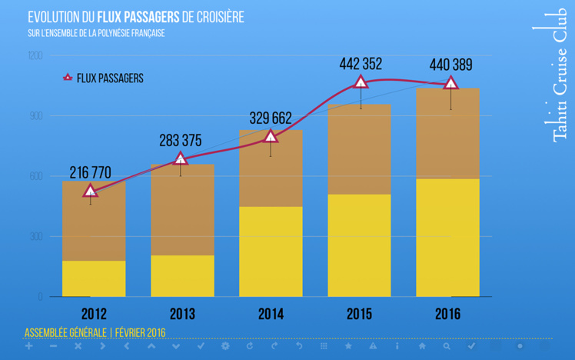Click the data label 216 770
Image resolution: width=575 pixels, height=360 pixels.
coord(90,172)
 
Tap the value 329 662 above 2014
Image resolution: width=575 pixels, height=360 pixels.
coord(271,118)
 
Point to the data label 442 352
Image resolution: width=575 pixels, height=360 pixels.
coord(361,65)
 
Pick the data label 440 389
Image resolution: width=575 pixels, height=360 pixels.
coord(450,65)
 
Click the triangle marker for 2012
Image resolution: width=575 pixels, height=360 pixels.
coord(91,191)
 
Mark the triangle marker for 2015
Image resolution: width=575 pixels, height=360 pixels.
coord(360,82)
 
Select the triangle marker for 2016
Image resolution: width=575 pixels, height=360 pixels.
coord(450,83)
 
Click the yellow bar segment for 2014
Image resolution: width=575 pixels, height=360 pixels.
coord(271,252)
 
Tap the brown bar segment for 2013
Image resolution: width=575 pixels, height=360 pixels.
coord(182,209)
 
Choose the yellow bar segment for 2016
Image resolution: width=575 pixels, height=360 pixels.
coord(447,238)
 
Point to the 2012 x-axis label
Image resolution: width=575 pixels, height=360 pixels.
coord(94,315)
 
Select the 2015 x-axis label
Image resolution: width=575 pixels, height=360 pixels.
coord(359,315)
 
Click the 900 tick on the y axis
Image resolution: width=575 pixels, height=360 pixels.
coord(35,116)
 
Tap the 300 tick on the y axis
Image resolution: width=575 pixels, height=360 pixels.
coord(35,237)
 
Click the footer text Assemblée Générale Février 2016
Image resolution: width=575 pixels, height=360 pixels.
coord(95,333)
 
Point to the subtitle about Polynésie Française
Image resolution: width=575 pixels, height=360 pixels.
coord(96,33)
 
